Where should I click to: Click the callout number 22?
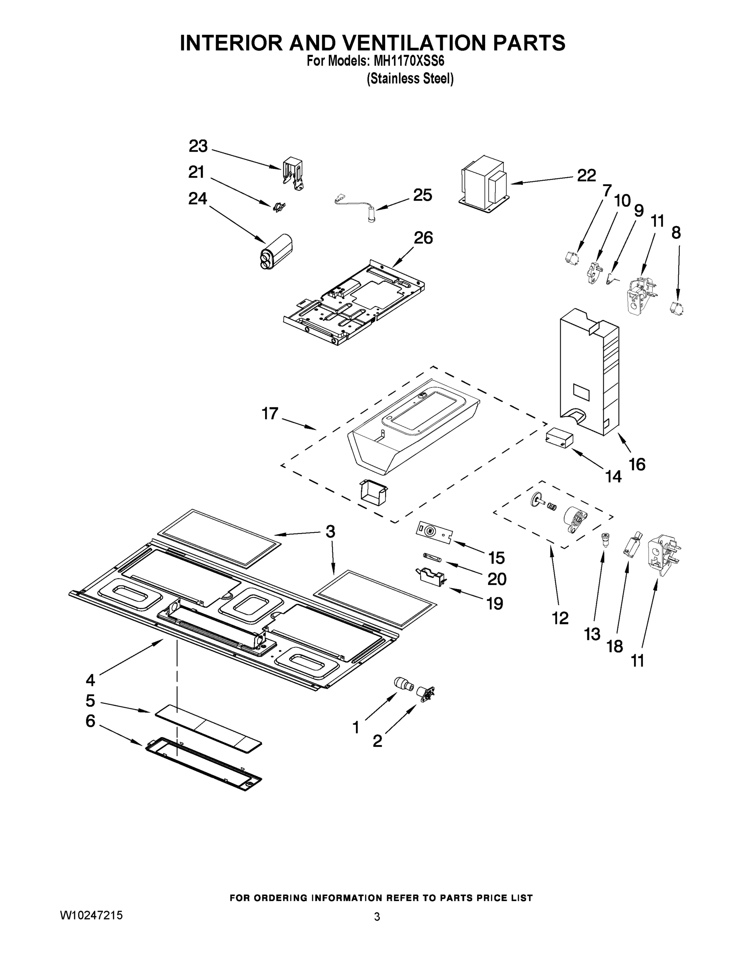point(586,176)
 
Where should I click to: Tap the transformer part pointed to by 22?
point(484,184)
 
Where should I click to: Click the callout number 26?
point(423,238)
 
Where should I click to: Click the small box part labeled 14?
point(558,437)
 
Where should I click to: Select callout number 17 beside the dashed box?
point(270,414)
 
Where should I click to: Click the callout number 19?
point(495,603)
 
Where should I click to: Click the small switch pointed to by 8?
point(676,308)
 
